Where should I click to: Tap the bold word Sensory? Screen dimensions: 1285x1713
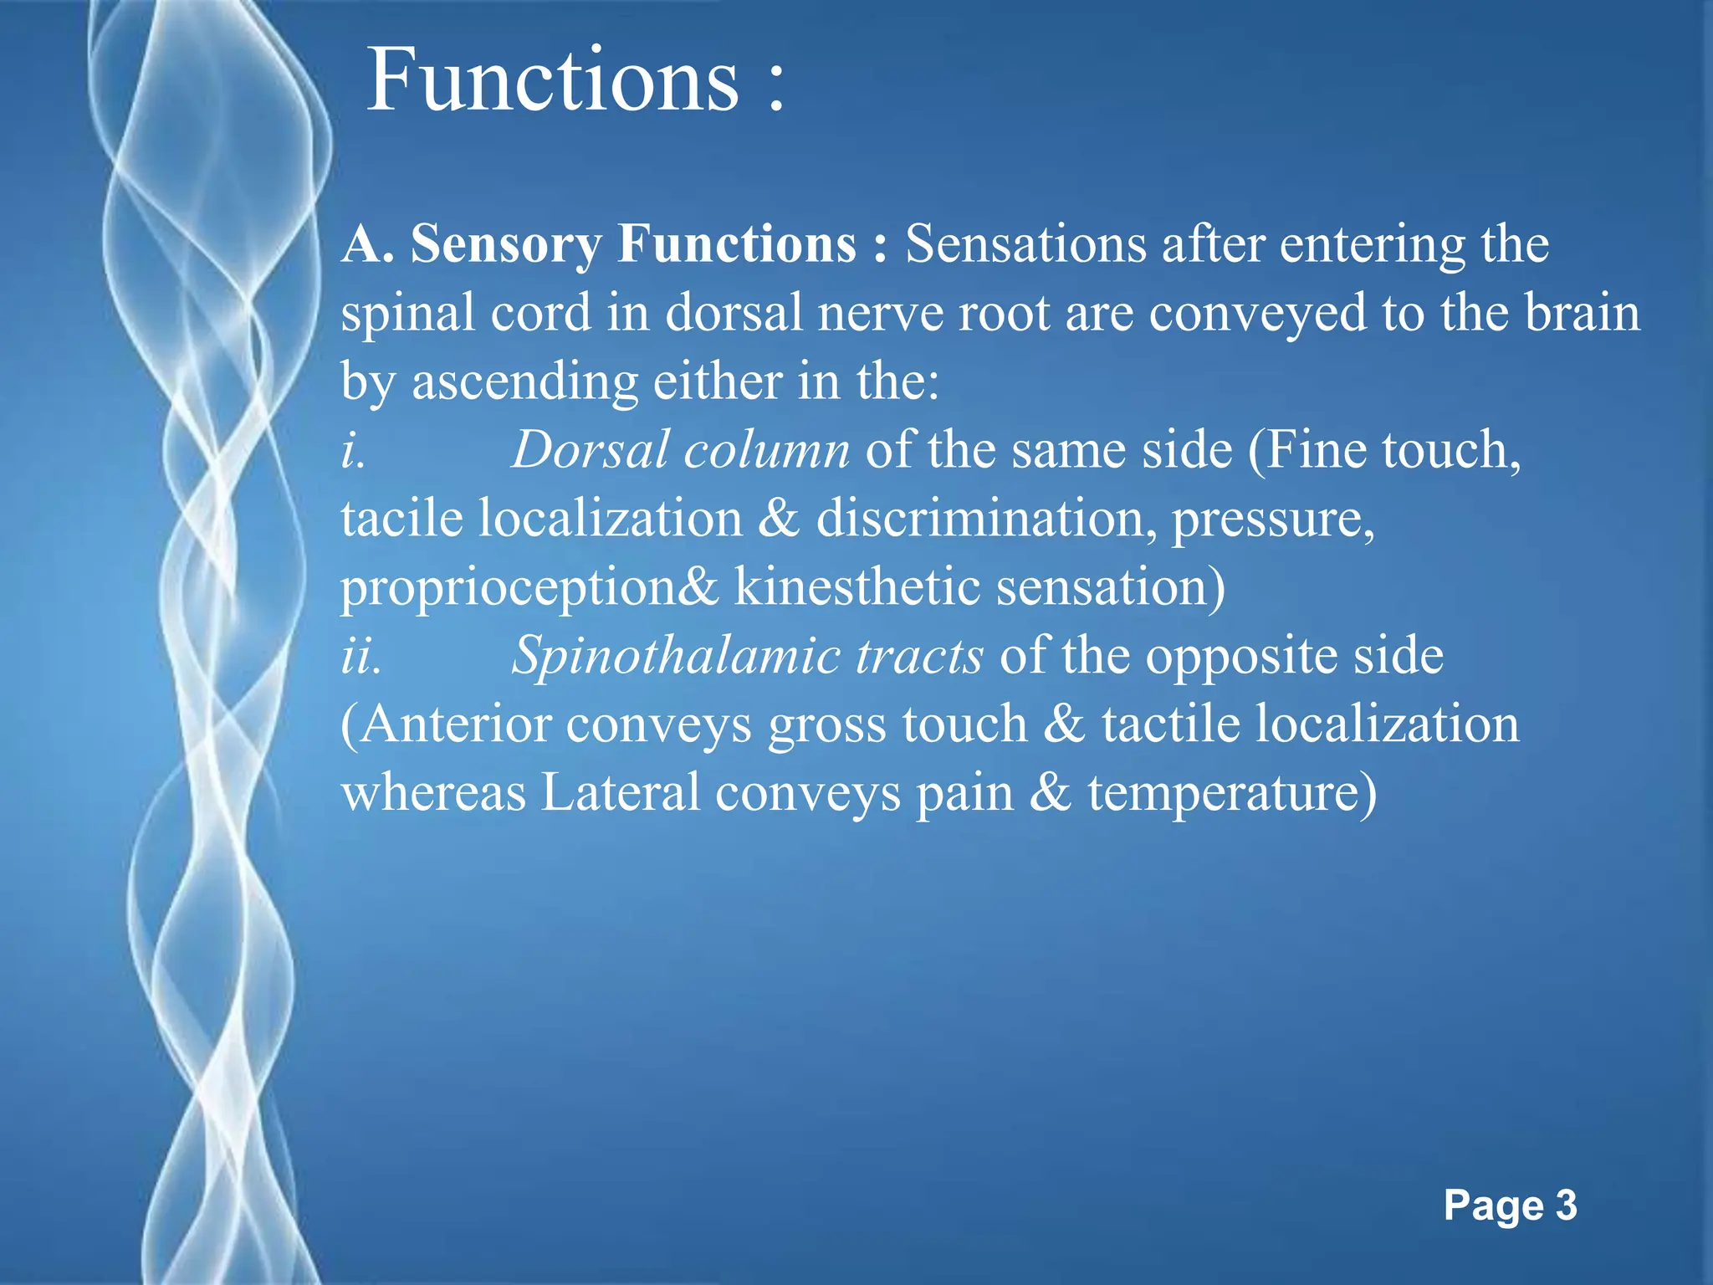[x=505, y=244]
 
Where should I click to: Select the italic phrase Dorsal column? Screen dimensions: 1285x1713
[x=680, y=450]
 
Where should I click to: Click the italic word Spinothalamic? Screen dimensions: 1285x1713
[x=675, y=655]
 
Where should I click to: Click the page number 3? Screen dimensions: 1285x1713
[x=1566, y=1206]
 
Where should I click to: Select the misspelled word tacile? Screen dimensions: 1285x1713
[x=401, y=518]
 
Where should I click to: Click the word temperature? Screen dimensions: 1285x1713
[x=1231, y=792]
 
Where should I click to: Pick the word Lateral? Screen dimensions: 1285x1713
[x=620, y=792]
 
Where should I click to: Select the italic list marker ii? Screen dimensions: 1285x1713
[x=361, y=655]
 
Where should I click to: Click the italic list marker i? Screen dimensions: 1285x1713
[x=352, y=450]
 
